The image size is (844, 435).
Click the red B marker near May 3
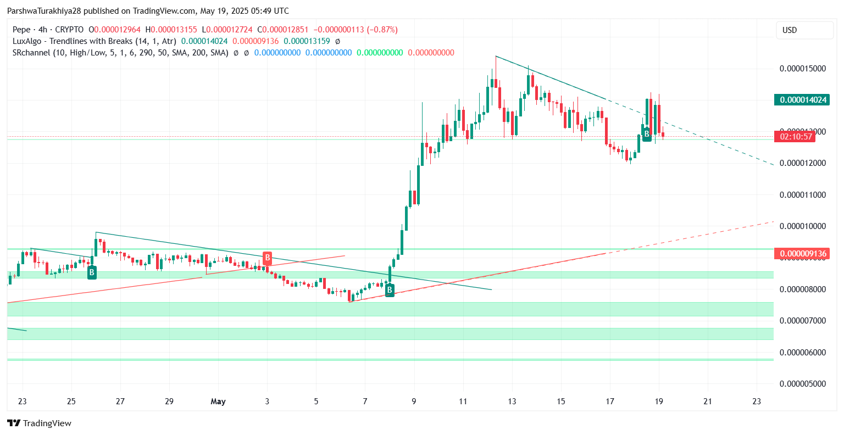coord(267,258)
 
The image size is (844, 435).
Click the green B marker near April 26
coord(92,272)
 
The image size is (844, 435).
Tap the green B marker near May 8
coord(390,290)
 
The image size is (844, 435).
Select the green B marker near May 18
coord(647,133)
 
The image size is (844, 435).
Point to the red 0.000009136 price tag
coord(801,254)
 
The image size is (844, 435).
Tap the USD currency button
coord(790,30)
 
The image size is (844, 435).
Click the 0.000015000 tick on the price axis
coord(803,69)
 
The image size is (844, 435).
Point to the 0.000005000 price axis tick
coord(803,384)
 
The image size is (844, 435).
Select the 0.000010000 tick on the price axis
coord(803,226)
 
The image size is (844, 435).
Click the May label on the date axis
coord(218,401)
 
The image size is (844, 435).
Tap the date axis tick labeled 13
coord(512,401)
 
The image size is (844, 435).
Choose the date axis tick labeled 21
coord(708,401)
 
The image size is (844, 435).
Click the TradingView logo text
coord(47,423)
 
